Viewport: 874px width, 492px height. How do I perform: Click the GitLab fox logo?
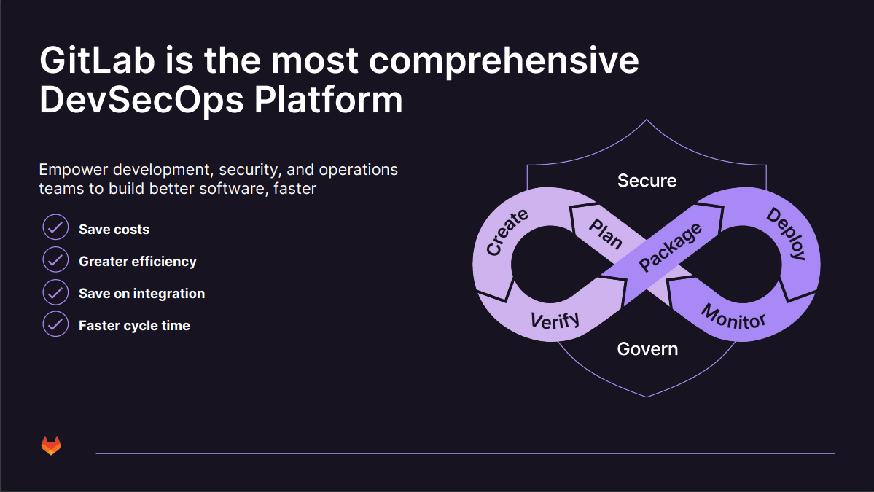coord(51,445)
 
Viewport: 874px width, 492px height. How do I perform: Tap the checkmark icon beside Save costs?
coord(55,227)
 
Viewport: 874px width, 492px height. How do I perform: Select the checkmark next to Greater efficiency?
coord(55,259)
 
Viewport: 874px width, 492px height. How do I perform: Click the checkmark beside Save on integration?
coord(55,292)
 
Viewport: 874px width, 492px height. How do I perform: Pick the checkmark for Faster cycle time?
coord(55,324)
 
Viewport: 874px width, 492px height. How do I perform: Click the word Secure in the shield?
coord(647,181)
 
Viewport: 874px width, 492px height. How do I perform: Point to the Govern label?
coord(647,349)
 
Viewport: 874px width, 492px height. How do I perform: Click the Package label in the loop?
coord(670,247)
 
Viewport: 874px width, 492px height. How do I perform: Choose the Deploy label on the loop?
coord(787,234)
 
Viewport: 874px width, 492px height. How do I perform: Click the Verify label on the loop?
coord(555,319)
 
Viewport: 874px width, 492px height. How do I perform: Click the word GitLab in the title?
coord(96,61)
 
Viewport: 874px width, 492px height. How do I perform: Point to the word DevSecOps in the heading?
coord(141,100)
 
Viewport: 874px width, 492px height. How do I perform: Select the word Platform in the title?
coord(328,100)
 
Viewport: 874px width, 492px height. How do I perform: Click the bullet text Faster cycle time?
coord(134,326)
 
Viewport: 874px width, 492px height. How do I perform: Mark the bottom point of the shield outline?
coord(647,397)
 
